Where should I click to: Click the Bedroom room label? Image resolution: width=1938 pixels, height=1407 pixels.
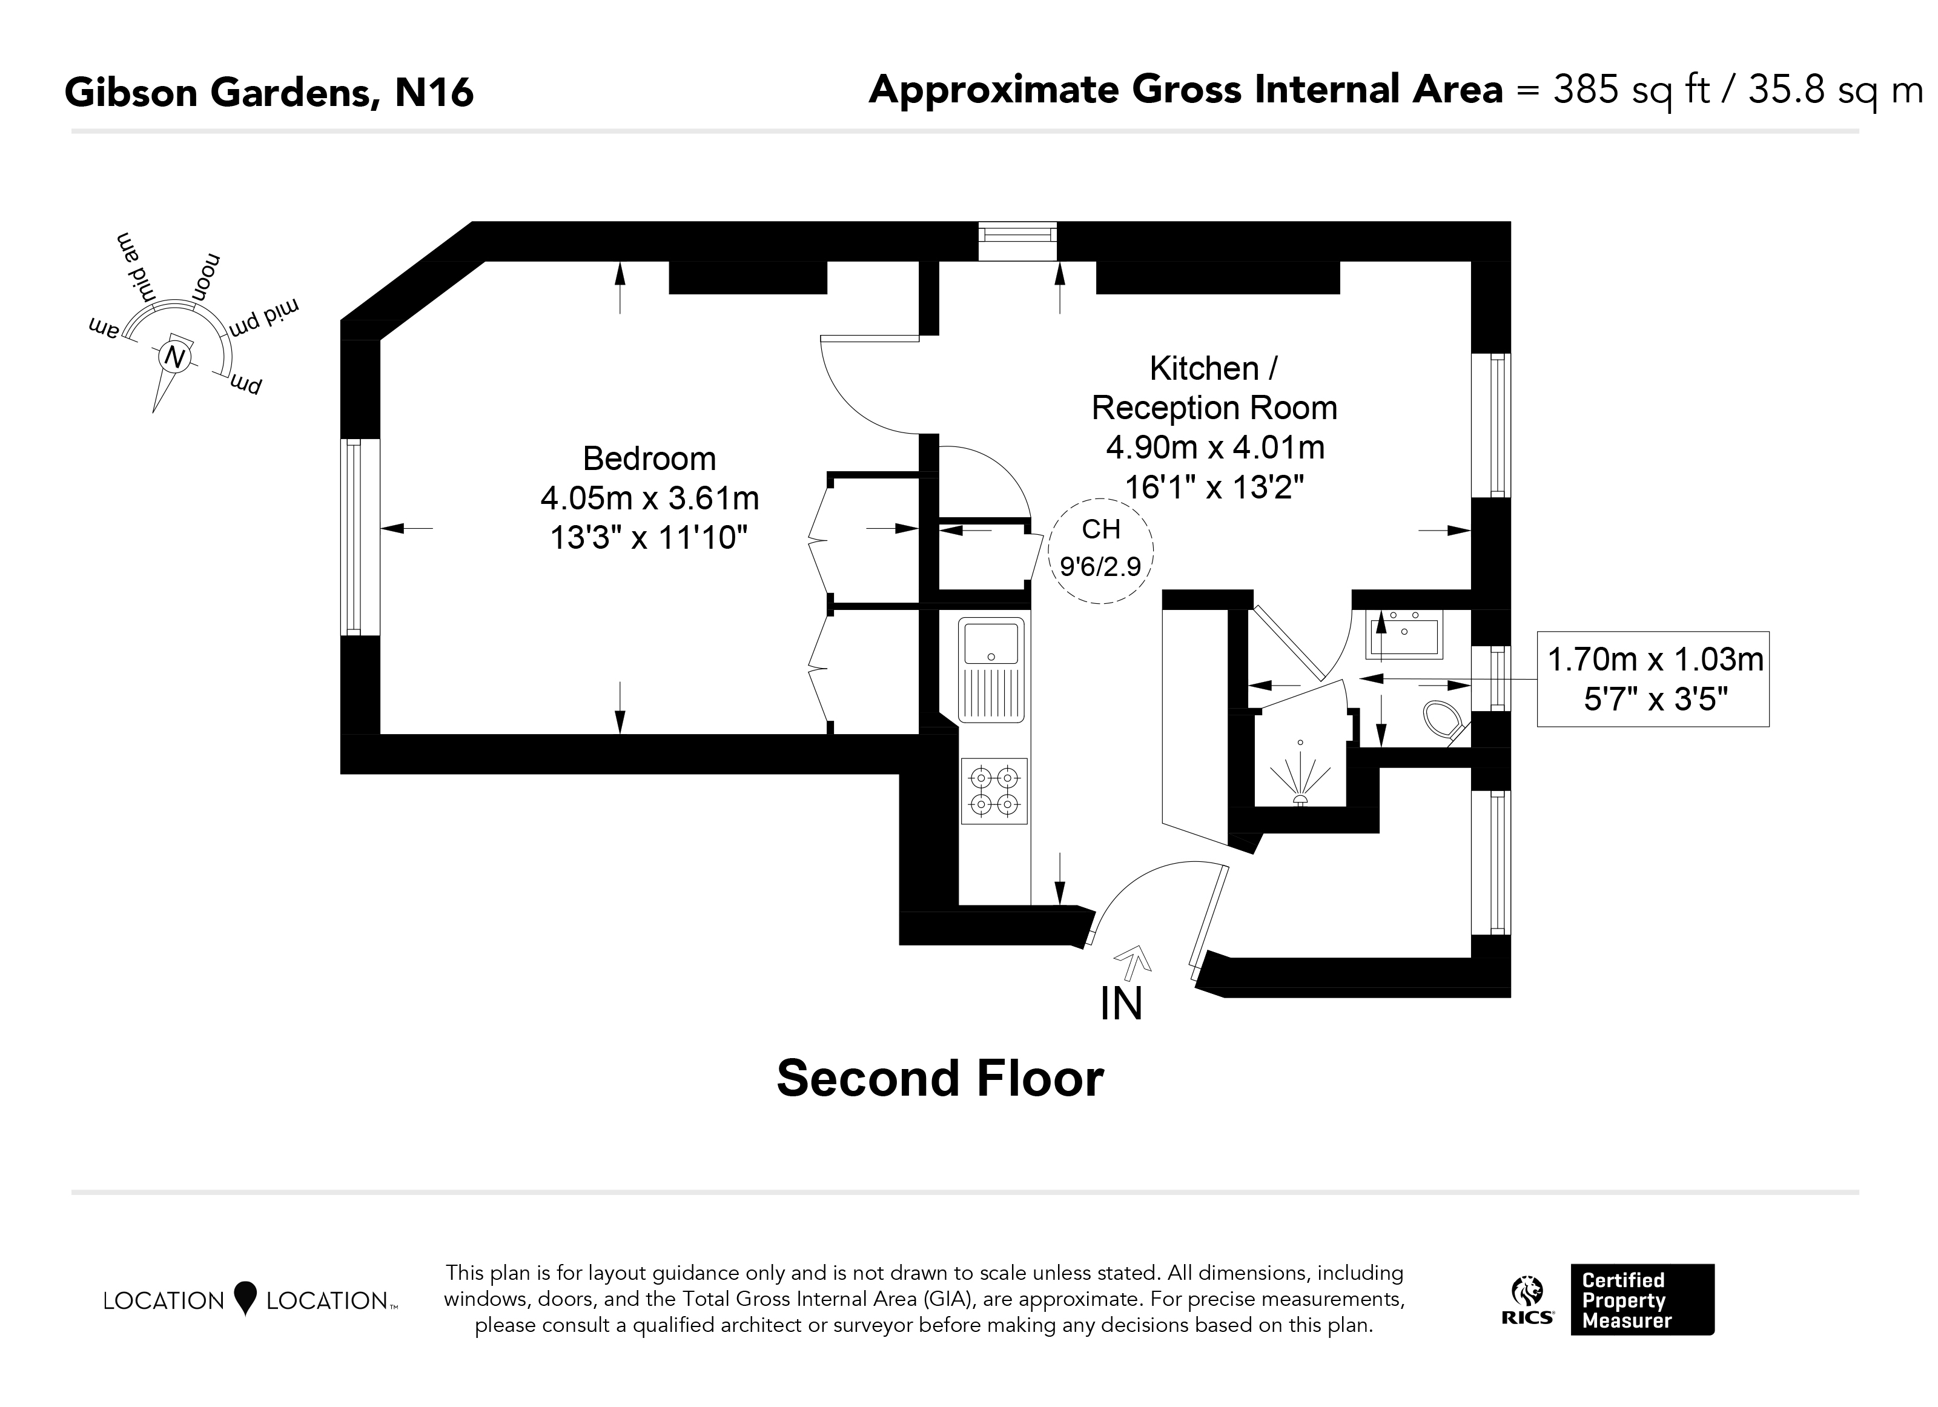click(649, 459)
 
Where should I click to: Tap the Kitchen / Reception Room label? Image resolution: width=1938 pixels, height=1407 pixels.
click(1214, 388)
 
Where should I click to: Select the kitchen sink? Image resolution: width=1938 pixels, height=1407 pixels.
click(992, 670)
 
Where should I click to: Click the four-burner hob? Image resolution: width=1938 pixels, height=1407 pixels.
click(994, 790)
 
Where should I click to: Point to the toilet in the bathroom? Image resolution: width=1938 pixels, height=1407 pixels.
click(1447, 723)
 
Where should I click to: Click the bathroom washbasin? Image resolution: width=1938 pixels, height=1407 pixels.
click(1404, 634)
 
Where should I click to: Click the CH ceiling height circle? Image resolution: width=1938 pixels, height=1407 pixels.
click(1100, 551)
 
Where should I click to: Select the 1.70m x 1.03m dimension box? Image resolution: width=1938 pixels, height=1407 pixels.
click(1653, 680)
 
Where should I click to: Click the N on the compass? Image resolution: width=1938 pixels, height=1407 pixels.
click(175, 357)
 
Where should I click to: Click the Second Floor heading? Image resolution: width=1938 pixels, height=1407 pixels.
click(940, 1079)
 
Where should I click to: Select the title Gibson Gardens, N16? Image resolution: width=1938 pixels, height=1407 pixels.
click(269, 92)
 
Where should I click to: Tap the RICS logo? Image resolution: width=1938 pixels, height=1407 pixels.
click(1528, 1302)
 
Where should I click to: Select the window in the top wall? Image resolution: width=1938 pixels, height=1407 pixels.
click(1017, 241)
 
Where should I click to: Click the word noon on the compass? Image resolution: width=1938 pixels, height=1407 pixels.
click(206, 276)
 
